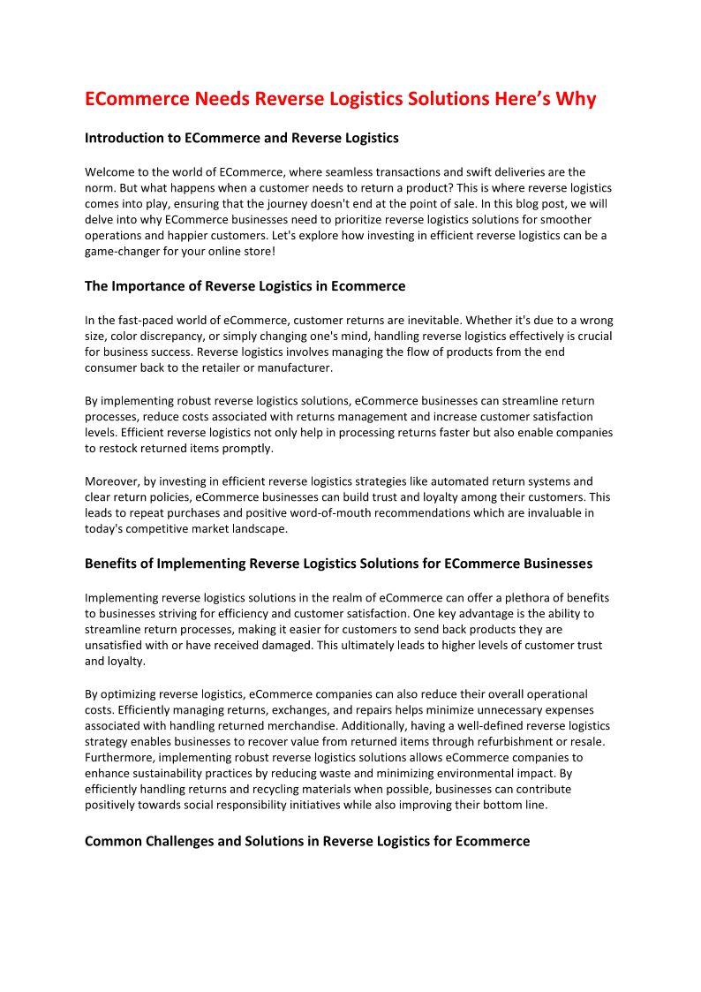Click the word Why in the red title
point(576,99)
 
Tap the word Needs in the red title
point(222,99)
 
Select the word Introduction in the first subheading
point(124,138)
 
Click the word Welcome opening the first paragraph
point(110,172)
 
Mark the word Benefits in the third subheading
point(112,564)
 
